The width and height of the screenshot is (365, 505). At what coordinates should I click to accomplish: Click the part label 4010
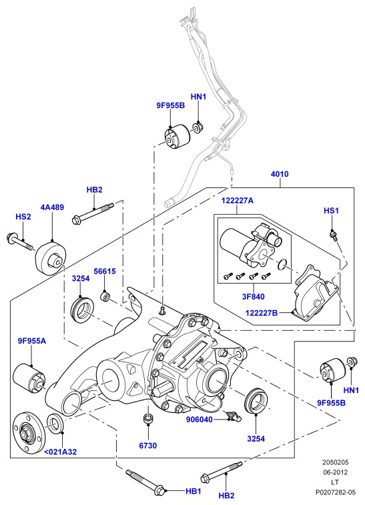pos(280,174)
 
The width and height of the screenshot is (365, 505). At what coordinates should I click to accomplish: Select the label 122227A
pos(237,201)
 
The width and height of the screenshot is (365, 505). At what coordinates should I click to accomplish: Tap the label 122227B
pos(262,313)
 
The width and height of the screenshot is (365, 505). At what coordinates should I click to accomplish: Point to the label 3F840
pos(253,296)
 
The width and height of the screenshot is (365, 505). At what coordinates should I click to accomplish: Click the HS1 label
pos(332,211)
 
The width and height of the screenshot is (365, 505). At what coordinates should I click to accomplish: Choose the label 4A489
pos(52,207)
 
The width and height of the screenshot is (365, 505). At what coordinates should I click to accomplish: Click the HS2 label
pos(23,217)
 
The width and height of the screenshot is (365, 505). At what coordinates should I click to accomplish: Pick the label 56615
pos(105,272)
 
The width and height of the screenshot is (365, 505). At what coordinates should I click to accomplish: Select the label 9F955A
pos(32,340)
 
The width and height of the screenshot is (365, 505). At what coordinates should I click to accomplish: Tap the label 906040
pos(200,420)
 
